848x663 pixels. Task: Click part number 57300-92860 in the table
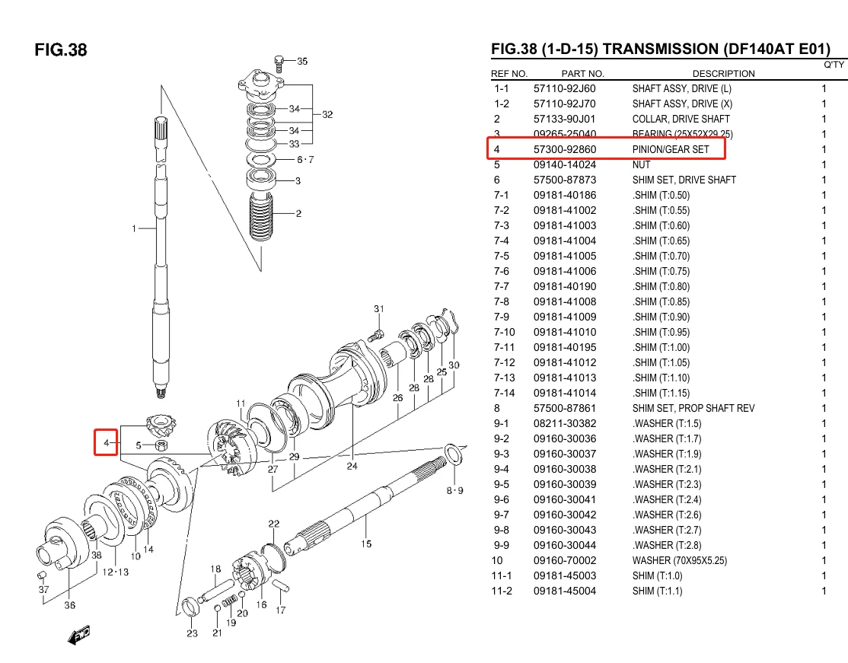pyautogui.click(x=564, y=149)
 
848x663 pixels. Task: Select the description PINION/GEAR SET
pyautogui.click(x=670, y=149)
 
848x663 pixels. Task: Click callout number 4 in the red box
pyautogui.click(x=107, y=442)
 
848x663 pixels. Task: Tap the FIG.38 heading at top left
pyautogui.click(x=61, y=50)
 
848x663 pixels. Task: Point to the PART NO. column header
pyautogui.click(x=582, y=74)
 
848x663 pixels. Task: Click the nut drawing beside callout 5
pyautogui.click(x=161, y=445)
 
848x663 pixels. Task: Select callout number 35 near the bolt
pyautogui.click(x=302, y=61)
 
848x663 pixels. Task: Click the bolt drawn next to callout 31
pyautogui.click(x=374, y=334)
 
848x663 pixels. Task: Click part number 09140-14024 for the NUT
pyautogui.click(x=564, y=164)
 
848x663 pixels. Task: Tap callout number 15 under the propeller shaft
pyautogui.click(x=366, y=543)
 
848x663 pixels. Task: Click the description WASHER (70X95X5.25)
pyautogui.click(x=679, y=560)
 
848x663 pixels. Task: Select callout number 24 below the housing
pyautogui.click(x=352, y=467)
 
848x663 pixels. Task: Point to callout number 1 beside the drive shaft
pyautogui.click(x=134, y=228)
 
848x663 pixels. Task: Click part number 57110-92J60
pyautogui.click(x=564, y=88)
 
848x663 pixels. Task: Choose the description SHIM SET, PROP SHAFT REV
pyautogui.click(x=693, y=408)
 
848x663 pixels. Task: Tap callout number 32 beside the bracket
pyautogui.click(x=327, y=115)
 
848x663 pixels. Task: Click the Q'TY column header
pyautogui.click(x=834, y=65)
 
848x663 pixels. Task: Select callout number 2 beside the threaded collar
pyautogui.click(x=298, y=214)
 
